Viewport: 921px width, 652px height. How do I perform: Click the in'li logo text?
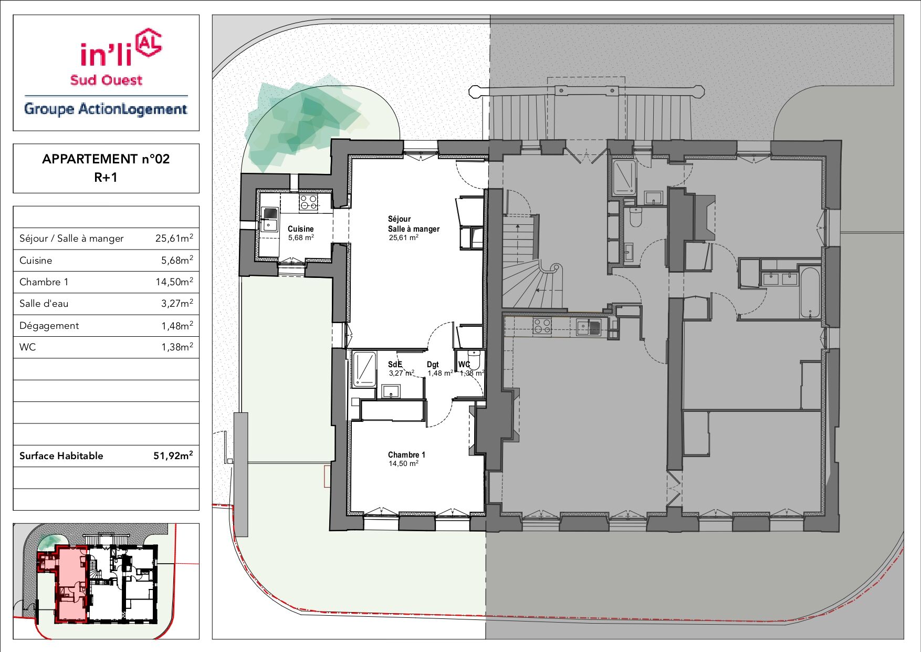click(106, 54)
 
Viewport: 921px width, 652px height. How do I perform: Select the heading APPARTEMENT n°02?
click(106, 159)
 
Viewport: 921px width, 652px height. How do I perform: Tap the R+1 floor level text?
click(106, 178)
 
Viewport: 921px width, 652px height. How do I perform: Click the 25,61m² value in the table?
click(174, 238)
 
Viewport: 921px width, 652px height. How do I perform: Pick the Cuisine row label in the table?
click(36, 261)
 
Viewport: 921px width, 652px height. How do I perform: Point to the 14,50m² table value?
click(174, 282)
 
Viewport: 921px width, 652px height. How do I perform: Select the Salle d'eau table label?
click(44, 304)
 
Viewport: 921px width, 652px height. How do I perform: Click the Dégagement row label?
click(49, 326)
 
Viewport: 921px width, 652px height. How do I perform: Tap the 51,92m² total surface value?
click(173, 456)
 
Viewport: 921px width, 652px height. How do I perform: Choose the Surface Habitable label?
click(61, 456)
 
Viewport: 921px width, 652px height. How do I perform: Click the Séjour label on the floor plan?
click(400, 219)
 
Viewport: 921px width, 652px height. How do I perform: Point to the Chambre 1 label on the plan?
click(406, 455)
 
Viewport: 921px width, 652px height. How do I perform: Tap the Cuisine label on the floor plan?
click(301, 229)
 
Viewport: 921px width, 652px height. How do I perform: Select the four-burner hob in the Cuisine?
click(309, 202)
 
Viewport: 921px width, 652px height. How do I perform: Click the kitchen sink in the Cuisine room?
click(270, 219)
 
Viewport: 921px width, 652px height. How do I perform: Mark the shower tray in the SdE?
click(364, 369)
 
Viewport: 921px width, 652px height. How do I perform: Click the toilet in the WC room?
click(474, 359)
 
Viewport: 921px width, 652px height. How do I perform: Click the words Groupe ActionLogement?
click(106, 109)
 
